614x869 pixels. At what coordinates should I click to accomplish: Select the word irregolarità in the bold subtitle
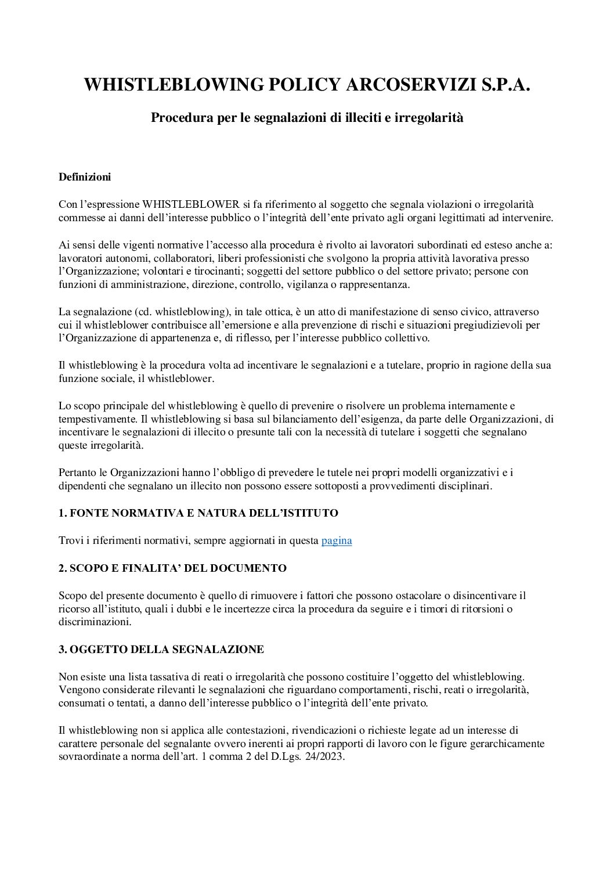pyautogui.click(x=430, y=118)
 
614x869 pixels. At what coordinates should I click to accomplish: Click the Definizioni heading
pyautogui.click(x=85, y=177)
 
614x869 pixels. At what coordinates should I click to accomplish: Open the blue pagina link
pyautogui.click(x=337, y=541)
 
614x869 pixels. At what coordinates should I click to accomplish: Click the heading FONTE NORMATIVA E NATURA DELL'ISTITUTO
pyautogui.click(x=198, y=513)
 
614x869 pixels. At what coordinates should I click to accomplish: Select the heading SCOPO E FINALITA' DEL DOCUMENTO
pyautogui.click(x=172, y=568)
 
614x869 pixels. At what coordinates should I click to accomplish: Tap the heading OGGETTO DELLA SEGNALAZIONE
pyautogui.click(x=161, y=650)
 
